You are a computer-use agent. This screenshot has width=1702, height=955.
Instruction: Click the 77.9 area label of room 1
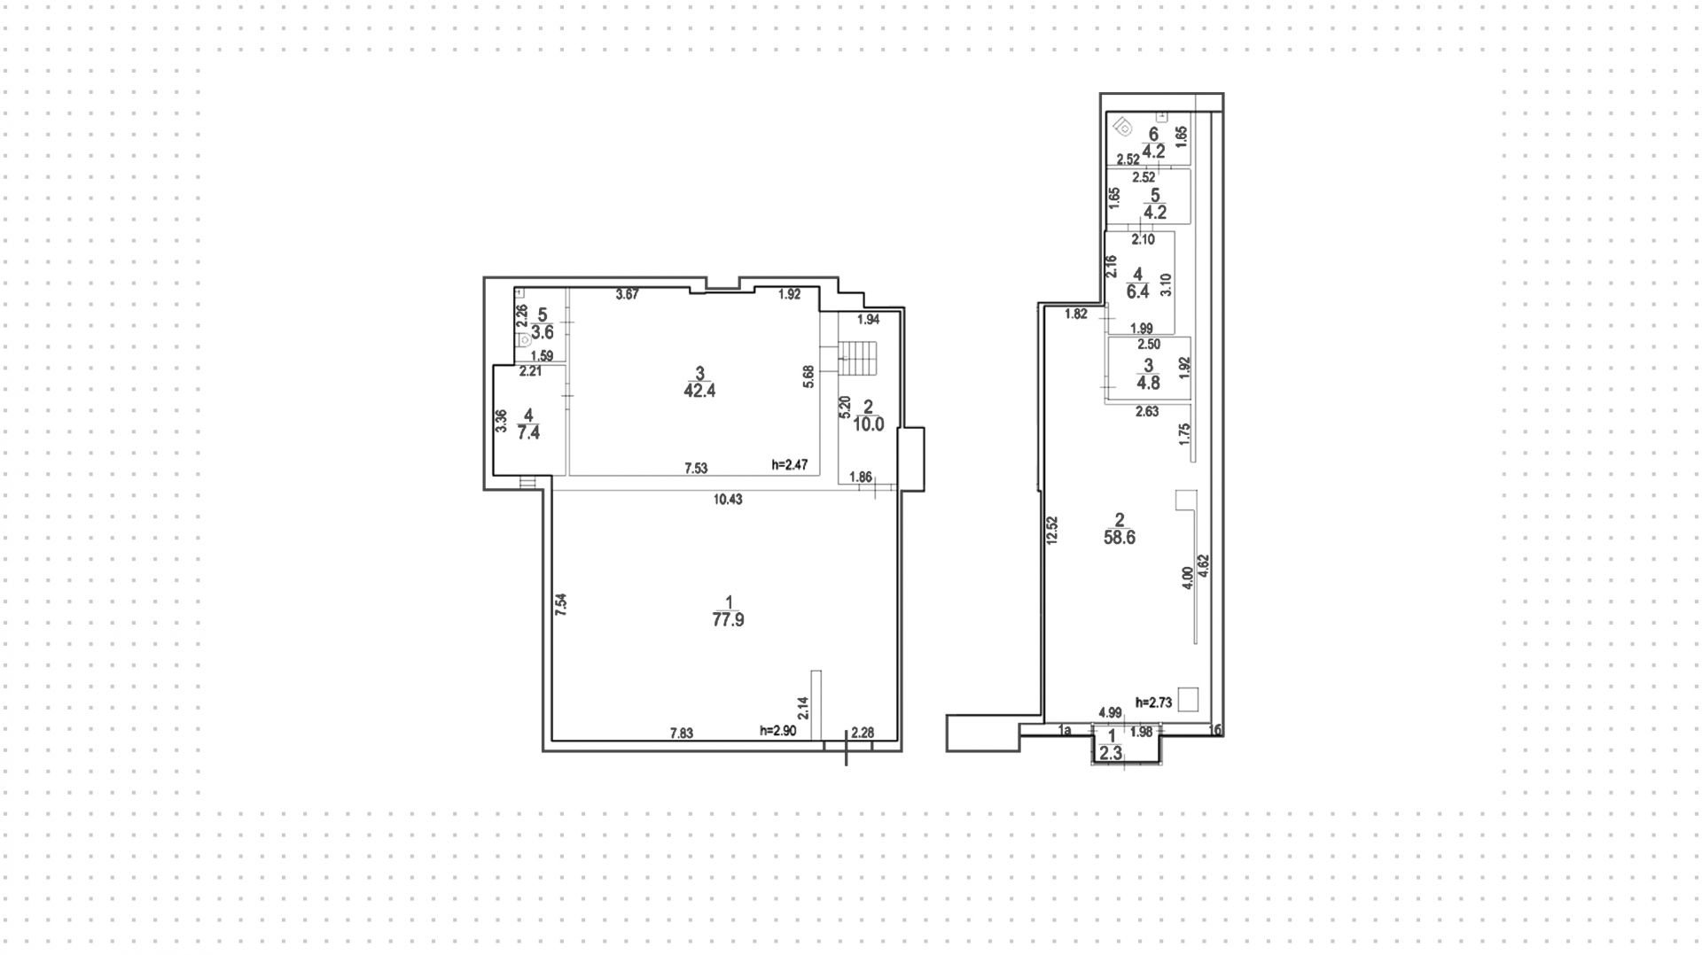pos(728,620)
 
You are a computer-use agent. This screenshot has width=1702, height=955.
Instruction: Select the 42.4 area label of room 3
pos(699,391)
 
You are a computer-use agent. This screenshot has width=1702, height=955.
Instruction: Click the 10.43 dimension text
pos(728,500)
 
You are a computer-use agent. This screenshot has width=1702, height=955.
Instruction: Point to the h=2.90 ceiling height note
pos(777,731)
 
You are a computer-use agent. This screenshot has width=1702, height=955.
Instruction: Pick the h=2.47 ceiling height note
pos(789,465)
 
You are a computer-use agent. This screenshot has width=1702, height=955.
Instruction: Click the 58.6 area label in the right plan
pos(1119,538)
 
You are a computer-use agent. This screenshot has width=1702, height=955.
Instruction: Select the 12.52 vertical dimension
pos(1052,532)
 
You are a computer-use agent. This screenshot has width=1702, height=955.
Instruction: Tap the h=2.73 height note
pos(1153,703)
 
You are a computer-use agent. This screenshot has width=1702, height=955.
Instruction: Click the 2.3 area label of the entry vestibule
pos(1111,754)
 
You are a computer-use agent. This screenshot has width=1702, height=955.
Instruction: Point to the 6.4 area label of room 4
pos(1137,291)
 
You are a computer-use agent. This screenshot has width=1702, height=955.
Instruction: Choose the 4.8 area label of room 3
pos(1148,384)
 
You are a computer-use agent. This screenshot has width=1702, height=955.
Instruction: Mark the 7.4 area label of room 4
pos(528,433)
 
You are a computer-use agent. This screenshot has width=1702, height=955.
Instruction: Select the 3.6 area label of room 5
pos(542,333)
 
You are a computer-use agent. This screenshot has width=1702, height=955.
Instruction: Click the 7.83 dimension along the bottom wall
pos(681,733)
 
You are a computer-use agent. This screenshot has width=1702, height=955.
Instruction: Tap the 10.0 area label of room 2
pos(868,424)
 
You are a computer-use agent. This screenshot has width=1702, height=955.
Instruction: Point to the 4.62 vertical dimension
pos(1204,567)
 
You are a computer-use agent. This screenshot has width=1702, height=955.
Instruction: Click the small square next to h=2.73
pos(1188,699)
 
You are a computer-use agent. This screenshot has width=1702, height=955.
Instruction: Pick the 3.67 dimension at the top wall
pos(627,295)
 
